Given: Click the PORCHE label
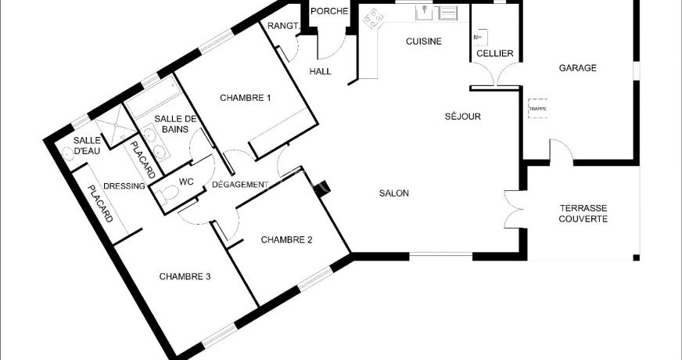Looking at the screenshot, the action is click(x=330, y=11).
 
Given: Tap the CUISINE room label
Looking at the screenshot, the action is click(x=424, y=41).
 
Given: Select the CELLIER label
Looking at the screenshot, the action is click(x=495, y=53).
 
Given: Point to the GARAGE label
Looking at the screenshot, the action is click(x=578, y=68).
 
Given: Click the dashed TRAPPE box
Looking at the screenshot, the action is click(x=537, y=109).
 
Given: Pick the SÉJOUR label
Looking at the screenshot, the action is click(x=463, y=117).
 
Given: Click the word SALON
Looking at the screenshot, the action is click(x=393, y=193).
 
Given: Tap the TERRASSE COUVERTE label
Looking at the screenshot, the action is click(x=583, y=214).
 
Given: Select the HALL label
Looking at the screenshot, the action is click(x=321, y=71).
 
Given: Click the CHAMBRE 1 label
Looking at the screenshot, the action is click(x=246, y=98).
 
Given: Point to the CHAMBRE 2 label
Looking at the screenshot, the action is click(x=286, y=239).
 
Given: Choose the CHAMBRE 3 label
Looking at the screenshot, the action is click(x=185, y=276).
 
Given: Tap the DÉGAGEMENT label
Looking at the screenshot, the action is click(x=240, y=185).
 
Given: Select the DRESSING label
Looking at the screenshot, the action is click(x=124, y=186).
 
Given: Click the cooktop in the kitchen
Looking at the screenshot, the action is click(x=374, y=19).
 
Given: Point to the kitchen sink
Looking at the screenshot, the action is click(x=425, y=13).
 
